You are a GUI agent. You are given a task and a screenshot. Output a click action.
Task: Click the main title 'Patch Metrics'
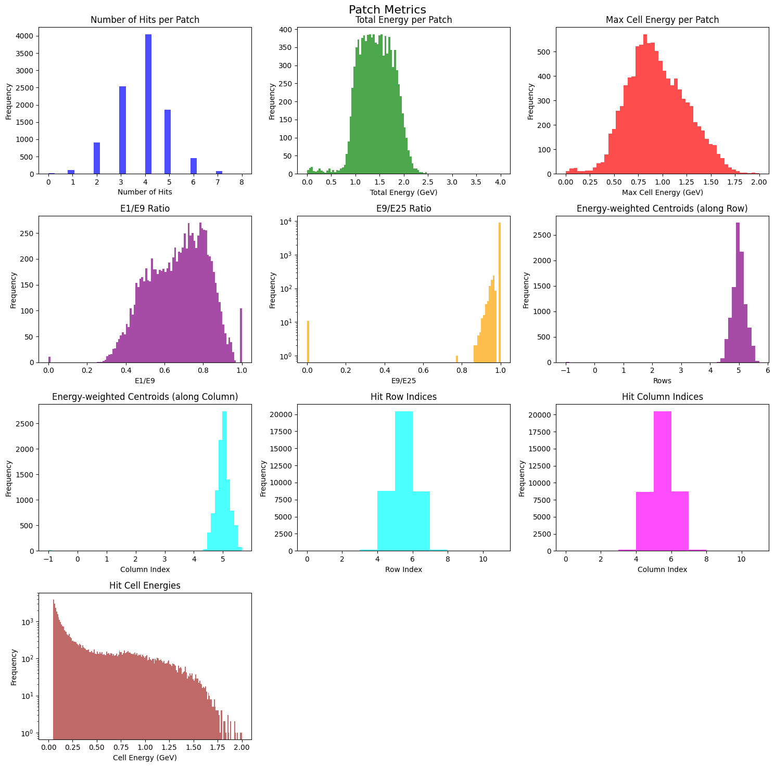(x=387, y=9)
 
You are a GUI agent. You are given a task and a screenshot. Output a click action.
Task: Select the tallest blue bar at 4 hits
(x=148, y=104)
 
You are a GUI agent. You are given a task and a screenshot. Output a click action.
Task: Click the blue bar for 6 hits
(x=194, y=166)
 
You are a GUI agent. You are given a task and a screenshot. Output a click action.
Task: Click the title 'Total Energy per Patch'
(x=403, y=20)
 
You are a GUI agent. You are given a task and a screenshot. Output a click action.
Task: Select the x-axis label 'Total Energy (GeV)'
(x=403, y=192)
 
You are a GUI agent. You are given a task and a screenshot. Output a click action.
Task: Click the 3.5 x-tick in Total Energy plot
(x=476, y=183)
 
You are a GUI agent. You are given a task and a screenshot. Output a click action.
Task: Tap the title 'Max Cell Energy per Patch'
(x=662, y=20)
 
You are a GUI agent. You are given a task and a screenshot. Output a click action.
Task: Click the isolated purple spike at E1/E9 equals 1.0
(x=241, y=335)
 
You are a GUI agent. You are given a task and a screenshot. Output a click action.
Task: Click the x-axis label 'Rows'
(x=662, y=381)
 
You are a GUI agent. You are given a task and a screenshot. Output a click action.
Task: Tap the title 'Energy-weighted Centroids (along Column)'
(x=145, y=397)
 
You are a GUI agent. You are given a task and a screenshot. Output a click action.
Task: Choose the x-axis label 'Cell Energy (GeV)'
(x=145, y=758)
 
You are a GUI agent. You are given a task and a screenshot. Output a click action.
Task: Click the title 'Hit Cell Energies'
(x=145, y=586)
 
